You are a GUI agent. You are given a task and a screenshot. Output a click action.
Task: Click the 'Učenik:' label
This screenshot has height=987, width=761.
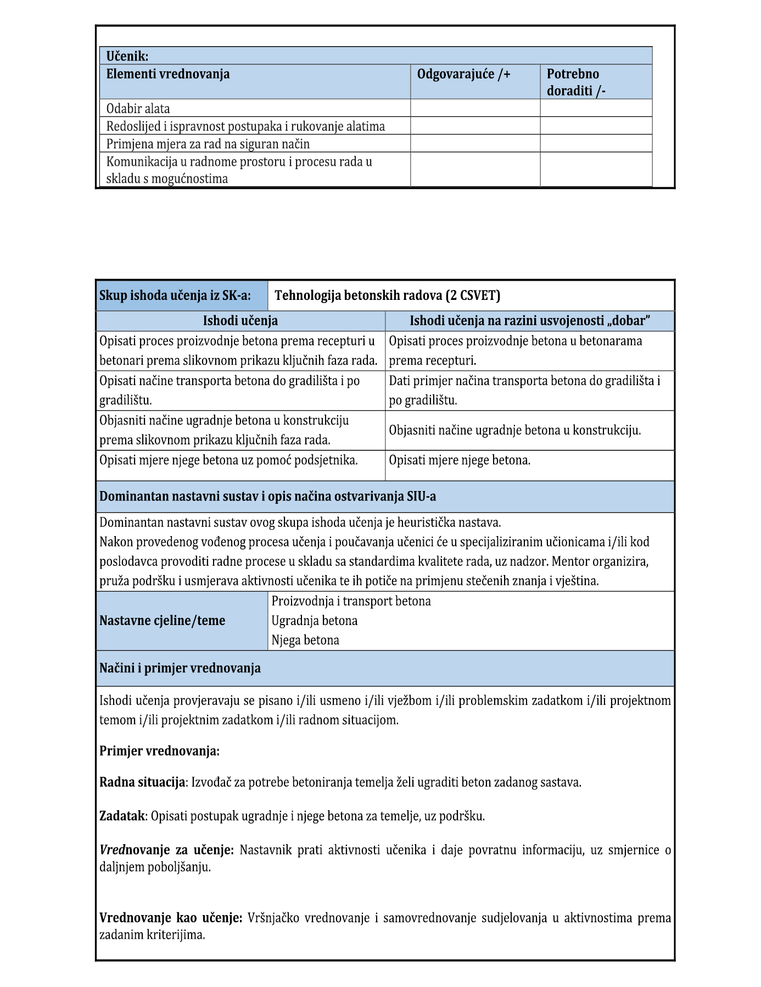pos(127,56)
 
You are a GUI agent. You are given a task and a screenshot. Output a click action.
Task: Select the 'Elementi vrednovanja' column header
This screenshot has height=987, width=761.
pos(167,74)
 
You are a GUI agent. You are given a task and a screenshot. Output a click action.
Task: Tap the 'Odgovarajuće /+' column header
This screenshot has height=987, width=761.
pos(463,74)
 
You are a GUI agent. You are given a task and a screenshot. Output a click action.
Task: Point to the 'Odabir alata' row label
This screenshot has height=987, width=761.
pos(138,108)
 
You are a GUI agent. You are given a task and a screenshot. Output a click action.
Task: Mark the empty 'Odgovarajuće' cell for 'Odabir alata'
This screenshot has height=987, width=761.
pos(475,108)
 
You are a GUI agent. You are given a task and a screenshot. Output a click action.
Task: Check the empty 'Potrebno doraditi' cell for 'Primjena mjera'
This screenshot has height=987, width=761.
pos(596,144)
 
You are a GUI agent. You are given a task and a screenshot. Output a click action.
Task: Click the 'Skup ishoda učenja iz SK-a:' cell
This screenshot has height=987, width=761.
pos(175,295)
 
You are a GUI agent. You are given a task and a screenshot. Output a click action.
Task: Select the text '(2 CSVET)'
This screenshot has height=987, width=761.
pos(473,295)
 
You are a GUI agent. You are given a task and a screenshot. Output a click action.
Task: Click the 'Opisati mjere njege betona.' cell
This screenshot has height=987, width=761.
pos(460,460)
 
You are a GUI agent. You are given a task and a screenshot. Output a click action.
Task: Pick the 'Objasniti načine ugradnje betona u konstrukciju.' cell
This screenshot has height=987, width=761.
pos(514,430)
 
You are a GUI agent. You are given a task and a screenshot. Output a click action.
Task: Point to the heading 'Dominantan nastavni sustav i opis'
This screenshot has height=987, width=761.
pos(267,497)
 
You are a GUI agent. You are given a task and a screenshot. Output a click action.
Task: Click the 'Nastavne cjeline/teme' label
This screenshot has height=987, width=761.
pos(162,621)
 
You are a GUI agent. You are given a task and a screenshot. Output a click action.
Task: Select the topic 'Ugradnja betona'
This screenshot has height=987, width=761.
pos(314,621)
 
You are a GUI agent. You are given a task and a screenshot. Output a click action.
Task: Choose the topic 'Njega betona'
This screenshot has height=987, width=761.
pos(305,640)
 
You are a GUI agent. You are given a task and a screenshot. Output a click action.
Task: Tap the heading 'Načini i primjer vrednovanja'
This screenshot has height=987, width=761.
pos(180,668)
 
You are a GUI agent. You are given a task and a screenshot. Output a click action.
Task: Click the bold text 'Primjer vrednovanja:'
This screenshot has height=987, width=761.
pos(159,751)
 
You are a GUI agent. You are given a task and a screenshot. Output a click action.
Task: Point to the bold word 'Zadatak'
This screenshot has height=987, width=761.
pos(122,816)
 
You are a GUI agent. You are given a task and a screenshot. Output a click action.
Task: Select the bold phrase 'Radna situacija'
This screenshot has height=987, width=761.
pos(142,782)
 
